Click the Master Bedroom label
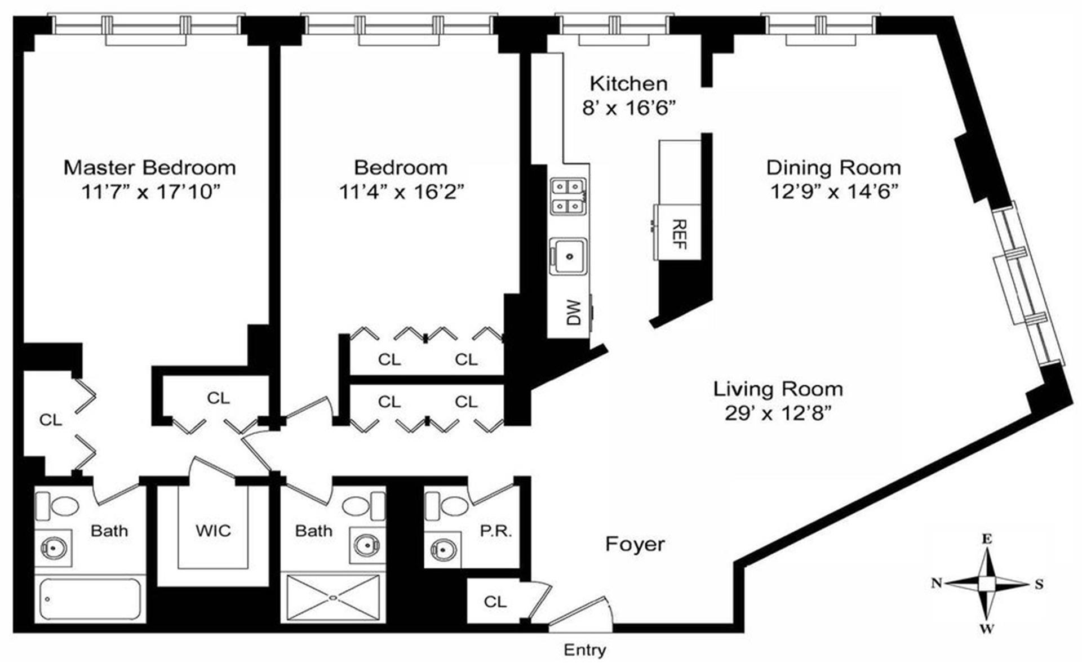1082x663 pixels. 149,167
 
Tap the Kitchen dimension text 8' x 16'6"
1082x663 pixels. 628,108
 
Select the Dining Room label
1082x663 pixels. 833,167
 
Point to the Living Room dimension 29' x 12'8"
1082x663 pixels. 778,414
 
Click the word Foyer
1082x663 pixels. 635,544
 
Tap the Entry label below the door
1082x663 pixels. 584,650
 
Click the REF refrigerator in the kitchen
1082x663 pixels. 679,233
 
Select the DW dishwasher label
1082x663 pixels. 573,312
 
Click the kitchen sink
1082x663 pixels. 569,256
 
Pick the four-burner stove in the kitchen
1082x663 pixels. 568,196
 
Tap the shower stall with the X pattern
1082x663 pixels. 333,598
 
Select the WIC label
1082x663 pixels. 213,531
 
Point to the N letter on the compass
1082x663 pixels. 937,582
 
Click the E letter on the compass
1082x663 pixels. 987,539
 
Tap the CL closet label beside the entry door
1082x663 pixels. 495,602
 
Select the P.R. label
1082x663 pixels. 496,531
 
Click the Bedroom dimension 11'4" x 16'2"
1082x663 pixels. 401,192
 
